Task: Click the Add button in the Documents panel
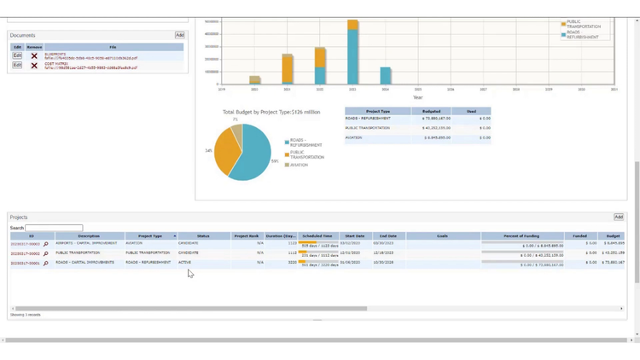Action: click(179, 35)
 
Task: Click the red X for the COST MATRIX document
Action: click(34, 65)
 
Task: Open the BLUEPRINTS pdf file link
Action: click(90, 57)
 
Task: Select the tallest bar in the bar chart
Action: click(352, 51)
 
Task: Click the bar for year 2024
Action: click(386, 75)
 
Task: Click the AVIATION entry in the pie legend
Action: click(299, 165)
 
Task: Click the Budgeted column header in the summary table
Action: click(431, 111)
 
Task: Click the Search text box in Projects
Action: click(54, 228)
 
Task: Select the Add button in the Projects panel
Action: click(618, 218)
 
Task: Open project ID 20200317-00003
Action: click(25, 244)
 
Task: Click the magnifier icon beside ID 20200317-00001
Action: click(46, 264)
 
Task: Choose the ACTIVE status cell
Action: click(185, 263)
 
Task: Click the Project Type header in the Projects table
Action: click(150, 235)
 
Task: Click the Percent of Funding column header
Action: click(522, 235)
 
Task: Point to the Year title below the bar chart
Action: click(417, 97)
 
